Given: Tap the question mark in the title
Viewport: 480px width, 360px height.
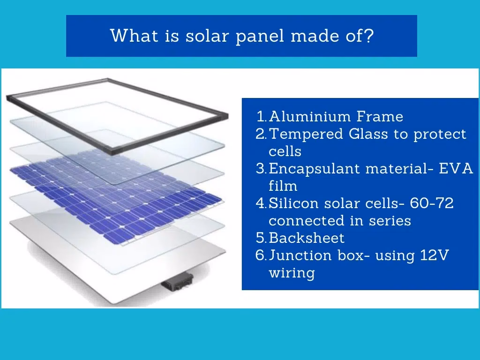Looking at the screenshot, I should click(369, 36).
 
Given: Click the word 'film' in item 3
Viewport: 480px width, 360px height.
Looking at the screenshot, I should click(283, 186).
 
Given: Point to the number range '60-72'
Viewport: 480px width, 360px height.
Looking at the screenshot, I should click(431, 203).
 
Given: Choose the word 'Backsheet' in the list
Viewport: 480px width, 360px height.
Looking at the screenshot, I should click(307, 238).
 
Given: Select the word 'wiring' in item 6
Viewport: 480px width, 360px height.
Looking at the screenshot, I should click(292, 273).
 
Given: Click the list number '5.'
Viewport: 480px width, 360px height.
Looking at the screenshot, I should click(261, 238).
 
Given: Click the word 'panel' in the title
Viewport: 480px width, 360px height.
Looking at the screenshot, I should click(260, 36).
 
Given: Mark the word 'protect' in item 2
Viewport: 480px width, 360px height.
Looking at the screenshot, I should click(440, 134).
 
